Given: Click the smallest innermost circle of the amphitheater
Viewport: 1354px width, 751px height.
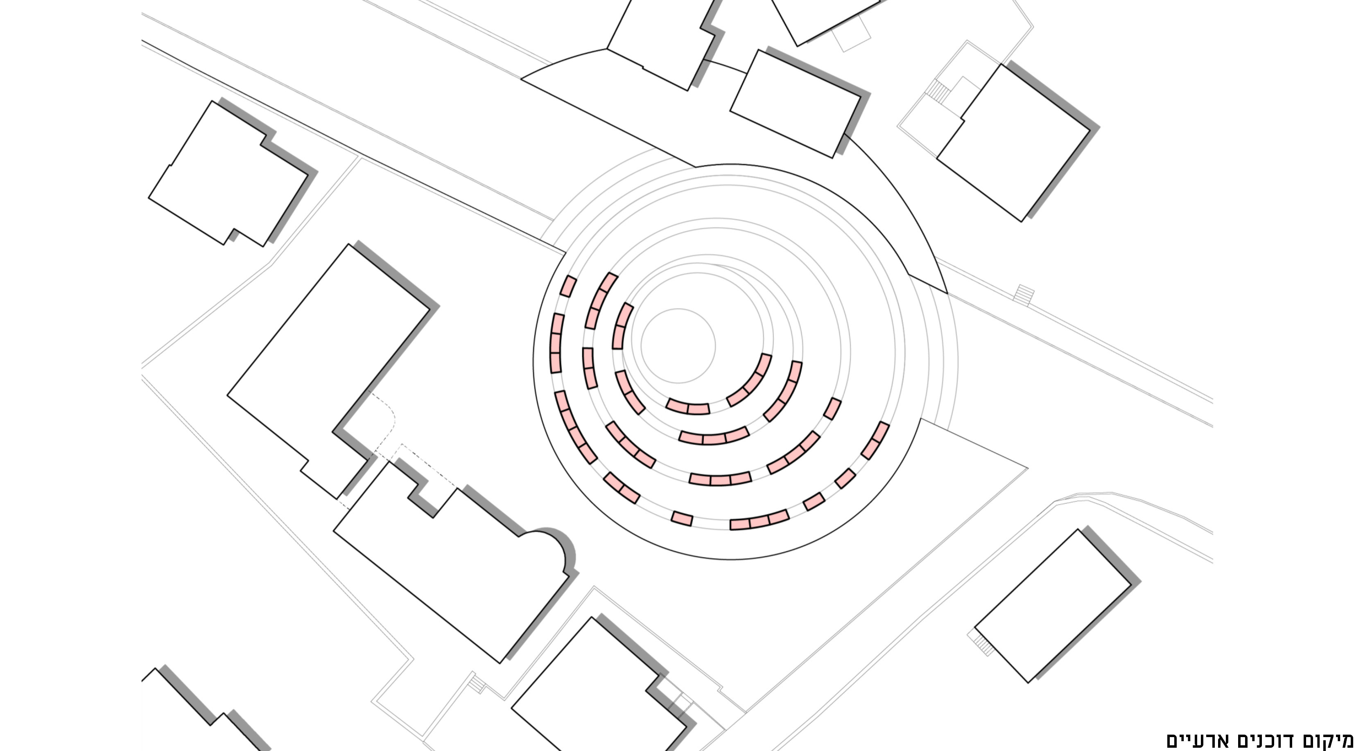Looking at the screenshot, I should point(678,346).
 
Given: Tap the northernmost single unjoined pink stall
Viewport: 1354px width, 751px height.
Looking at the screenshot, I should point(568,286).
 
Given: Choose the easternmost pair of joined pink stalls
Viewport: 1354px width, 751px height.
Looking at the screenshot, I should point(875,440).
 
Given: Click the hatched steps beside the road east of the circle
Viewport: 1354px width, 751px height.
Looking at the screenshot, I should point(1024,295).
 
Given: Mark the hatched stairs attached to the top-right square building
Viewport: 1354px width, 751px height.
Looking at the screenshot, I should point(938,91).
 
